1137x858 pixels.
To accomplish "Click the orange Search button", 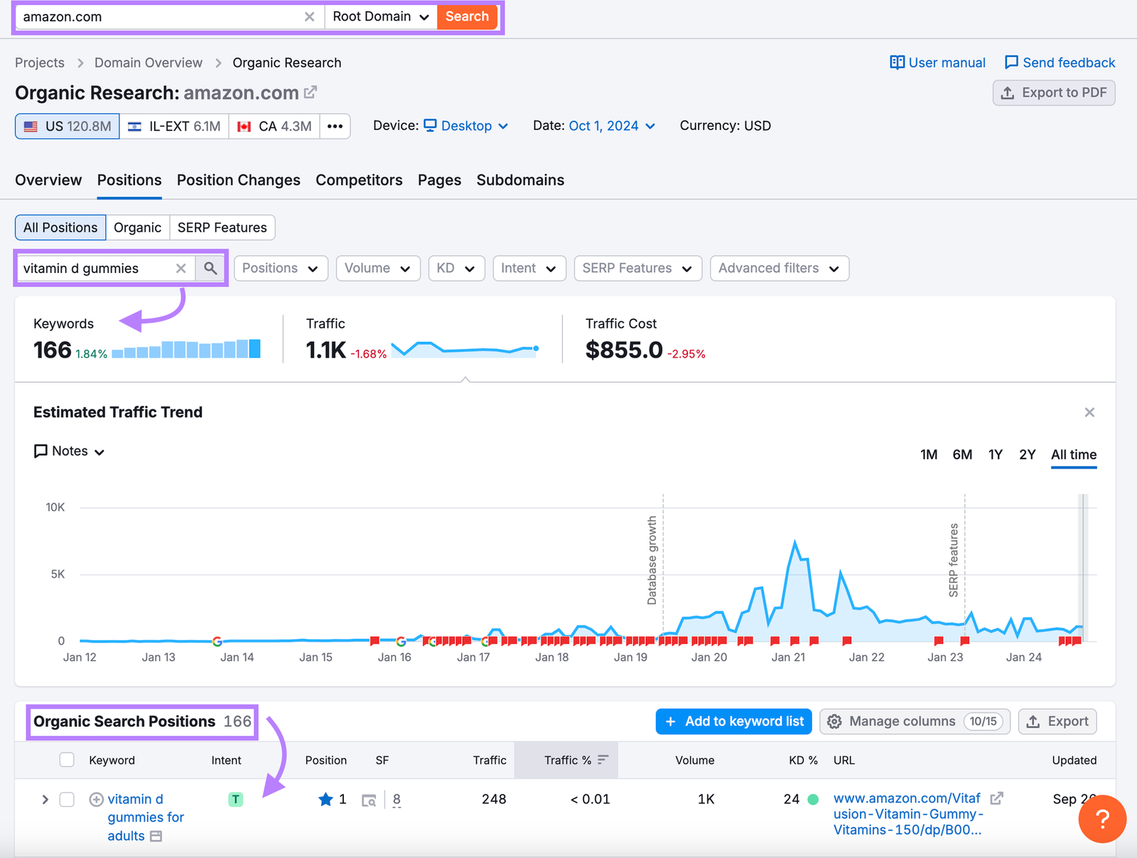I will [x=467, y=16].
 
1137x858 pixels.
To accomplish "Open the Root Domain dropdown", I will [x=380, y=16].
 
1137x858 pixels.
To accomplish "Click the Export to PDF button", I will [x=1053, y=92].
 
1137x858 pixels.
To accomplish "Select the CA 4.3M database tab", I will [x=274, y=126].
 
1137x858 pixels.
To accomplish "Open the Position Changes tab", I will [x=238, y=180].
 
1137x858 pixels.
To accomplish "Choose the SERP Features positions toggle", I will [x=222, y=227].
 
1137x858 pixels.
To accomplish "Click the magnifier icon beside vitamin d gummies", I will [x=210, y=268].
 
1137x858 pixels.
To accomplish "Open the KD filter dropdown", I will [x=456, y=268].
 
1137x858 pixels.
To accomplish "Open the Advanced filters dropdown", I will [x=778, y=268].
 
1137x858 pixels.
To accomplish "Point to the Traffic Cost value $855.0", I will [x=623, y=350].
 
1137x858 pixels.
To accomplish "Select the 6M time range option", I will [x=961, y=454].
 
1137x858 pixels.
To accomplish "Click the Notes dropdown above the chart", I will [x=70, y=451].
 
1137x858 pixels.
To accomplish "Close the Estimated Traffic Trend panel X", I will [x=1089, y=412].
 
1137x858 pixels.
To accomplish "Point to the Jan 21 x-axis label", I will [x=788, y=657].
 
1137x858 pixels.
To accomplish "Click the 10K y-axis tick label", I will [x=55, y=507].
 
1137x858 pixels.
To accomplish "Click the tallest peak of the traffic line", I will [x=794, y=542].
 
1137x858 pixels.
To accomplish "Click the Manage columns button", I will [x=914, y=721].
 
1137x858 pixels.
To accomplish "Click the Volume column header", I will [x=694, y=760].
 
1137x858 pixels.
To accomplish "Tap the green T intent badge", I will [x=235, y=799].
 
